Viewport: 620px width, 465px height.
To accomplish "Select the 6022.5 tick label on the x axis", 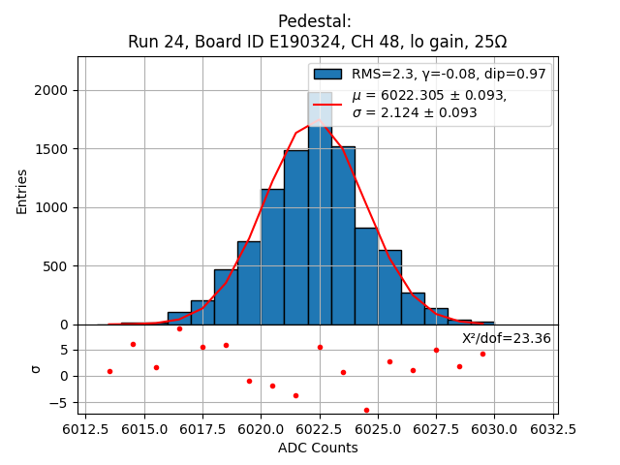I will click(320, 428).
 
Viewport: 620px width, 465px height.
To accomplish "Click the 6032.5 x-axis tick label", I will click(553, 428).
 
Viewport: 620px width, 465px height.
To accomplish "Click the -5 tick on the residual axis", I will click(58, 402).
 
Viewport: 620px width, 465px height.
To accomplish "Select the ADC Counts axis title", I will click(318, 448).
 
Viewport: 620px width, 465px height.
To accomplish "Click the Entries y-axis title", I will click(22, 191).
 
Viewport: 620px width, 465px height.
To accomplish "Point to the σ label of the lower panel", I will click(36, 369).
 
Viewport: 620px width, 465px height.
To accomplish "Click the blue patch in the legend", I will click(327, 75).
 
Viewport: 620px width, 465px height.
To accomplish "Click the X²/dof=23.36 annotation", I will click(506, 339).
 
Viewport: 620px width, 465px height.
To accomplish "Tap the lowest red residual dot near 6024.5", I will click(366, 410).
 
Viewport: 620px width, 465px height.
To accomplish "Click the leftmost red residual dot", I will click(109, 371).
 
